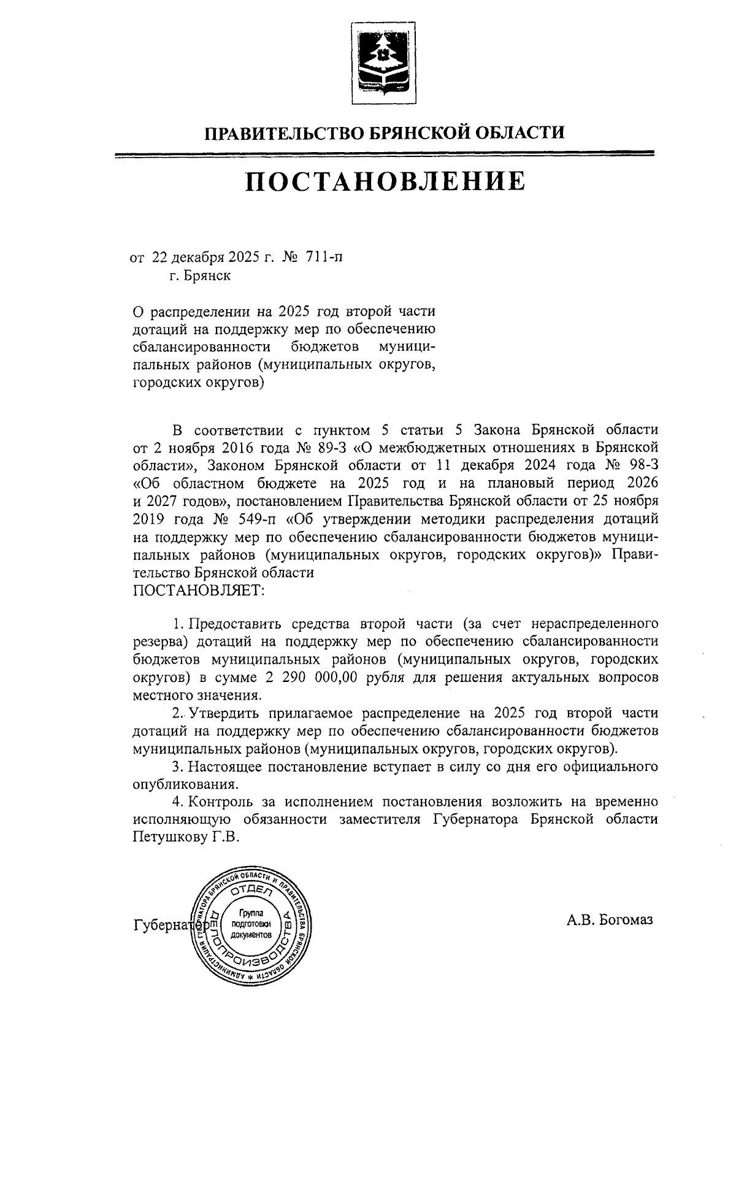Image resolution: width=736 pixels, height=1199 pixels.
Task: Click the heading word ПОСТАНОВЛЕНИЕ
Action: [385, 182]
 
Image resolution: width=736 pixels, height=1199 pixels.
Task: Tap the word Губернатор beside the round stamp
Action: [163, 925]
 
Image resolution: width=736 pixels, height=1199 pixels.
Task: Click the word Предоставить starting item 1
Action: [234, 624]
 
